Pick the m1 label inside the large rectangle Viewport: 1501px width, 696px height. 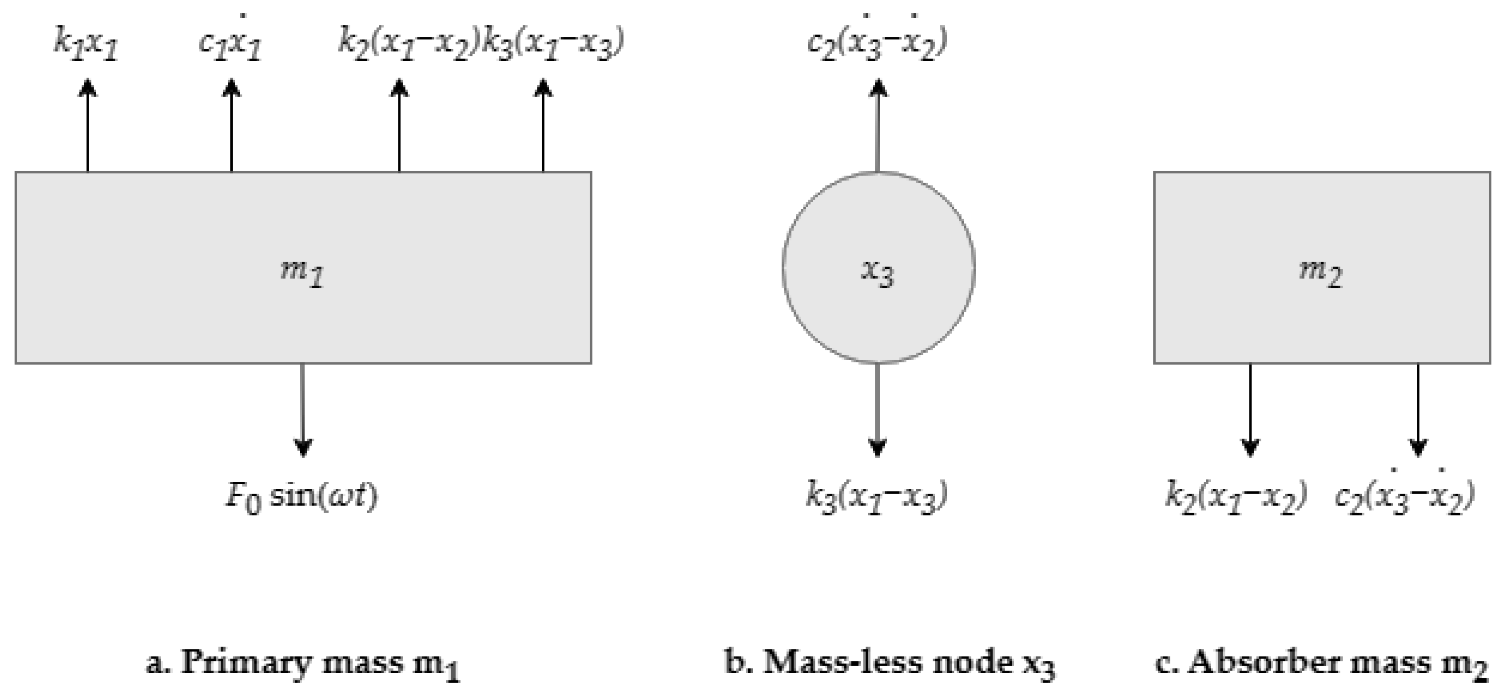pos(302,272)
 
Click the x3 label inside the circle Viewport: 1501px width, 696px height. pos(878,272)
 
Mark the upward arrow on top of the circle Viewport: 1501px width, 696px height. pos(878,125)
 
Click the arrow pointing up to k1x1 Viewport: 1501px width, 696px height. pos(88,125)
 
